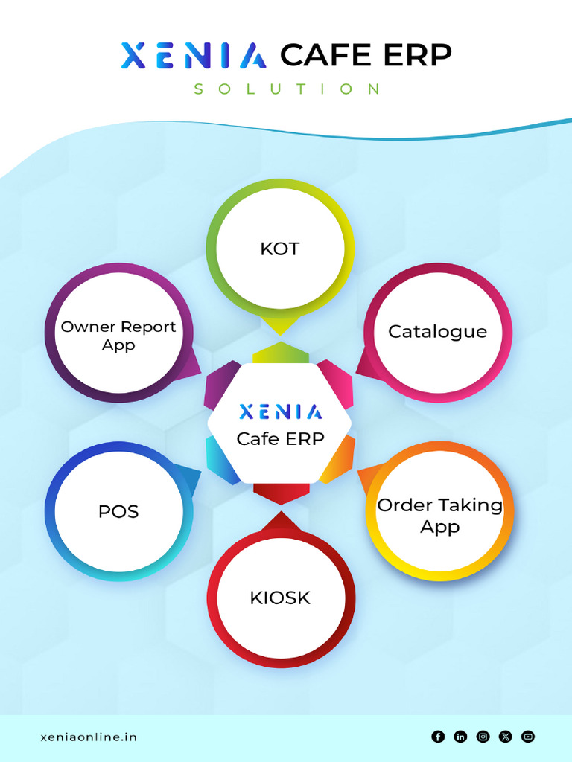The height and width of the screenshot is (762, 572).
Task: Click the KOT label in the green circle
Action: (x=279, y=249)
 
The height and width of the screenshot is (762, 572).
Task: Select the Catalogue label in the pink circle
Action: (x=437, y=331)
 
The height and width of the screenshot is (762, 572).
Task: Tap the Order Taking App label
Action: (x=439, y=516)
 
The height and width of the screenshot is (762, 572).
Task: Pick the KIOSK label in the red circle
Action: (x=280, y=598)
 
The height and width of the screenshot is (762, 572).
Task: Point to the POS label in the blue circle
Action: (x=118, y=511)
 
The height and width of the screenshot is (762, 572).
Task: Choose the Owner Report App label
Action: (x=118, y=336)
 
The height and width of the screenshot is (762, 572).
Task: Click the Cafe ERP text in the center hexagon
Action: (x=280, y=439)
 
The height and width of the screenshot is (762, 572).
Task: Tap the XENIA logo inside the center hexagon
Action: (x=280, y=412)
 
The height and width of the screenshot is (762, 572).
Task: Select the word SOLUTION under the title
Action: (x=287, y=89)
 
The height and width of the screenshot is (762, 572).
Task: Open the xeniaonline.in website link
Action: (x=88, y=737)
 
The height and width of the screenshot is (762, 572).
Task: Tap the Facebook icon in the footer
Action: (x=438, y=737)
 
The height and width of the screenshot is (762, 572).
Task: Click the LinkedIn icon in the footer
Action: (x=460, y=737)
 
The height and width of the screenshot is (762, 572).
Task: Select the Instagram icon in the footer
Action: (x=483, y=737)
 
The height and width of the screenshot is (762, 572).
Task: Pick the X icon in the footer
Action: (x=506, y=737)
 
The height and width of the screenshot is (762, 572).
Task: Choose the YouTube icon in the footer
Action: (x=528, y=737)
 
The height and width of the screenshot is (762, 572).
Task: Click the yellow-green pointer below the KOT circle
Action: (x=280, y=324)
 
